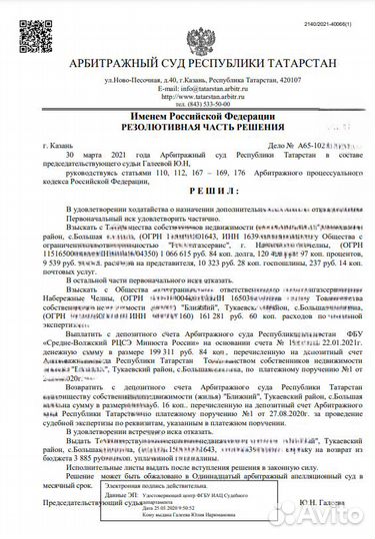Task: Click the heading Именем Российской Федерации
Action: point(188,119)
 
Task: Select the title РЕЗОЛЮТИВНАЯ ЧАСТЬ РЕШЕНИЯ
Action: point(188,130)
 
